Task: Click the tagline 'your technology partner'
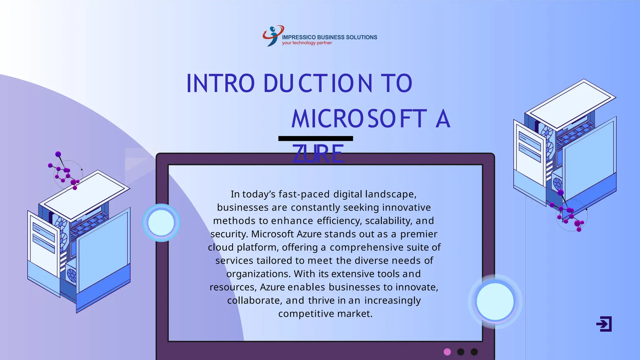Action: (307, 43)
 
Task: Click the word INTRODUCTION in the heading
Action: (279, 83)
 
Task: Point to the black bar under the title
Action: (316, 138)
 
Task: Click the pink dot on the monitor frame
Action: (447, 352)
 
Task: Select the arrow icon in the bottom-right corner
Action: (604, 324)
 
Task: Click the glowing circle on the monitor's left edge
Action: (161, 222)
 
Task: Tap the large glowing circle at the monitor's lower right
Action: (495, 301)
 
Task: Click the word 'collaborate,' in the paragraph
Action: (255, 300)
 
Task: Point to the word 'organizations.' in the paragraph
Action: (258, 274)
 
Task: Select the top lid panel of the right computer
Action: (570, 102)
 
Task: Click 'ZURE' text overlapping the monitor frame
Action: (318, 154)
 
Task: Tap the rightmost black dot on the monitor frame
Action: (474, 352)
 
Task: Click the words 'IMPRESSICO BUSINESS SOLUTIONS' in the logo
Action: (329, 37)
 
